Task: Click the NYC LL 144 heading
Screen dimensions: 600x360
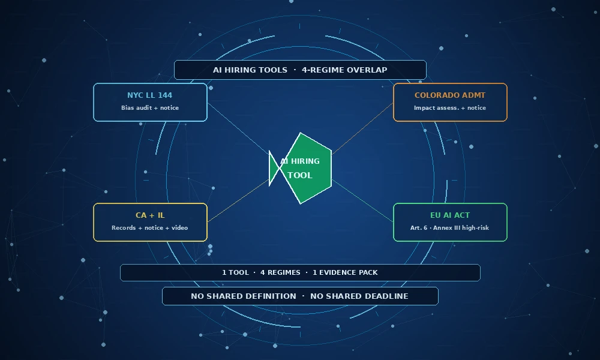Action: point(149,95)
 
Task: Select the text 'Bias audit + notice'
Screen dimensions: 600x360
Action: point(150,108)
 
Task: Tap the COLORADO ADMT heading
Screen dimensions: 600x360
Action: point(450,95)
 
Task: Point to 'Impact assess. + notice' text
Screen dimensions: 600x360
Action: point(450,108)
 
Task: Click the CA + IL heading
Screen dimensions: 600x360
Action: point(150,215)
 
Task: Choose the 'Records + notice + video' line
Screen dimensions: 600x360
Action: point(149,227)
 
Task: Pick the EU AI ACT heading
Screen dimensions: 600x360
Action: point(450,215)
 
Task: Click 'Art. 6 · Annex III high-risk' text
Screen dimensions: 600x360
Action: point(449,227)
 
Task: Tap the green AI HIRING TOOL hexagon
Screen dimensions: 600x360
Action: point(306,169)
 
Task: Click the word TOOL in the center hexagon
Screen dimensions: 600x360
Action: point(300,175)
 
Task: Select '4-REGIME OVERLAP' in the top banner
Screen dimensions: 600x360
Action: point(344,70)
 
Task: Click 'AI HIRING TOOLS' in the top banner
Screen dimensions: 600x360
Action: point(250,70)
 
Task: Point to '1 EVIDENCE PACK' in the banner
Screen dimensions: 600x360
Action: point(345,272)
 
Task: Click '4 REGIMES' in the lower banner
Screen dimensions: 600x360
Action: point(280,272)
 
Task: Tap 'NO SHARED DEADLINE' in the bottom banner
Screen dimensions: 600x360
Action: point(359,296)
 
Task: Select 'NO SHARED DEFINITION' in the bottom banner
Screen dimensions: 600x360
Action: point(244,296)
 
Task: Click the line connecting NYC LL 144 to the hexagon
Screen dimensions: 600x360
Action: point(238,128)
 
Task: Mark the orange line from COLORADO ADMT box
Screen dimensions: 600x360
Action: point(362,128)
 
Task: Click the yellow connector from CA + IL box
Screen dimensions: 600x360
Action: point(238,201)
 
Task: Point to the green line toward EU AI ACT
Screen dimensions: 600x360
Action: point(362,201)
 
